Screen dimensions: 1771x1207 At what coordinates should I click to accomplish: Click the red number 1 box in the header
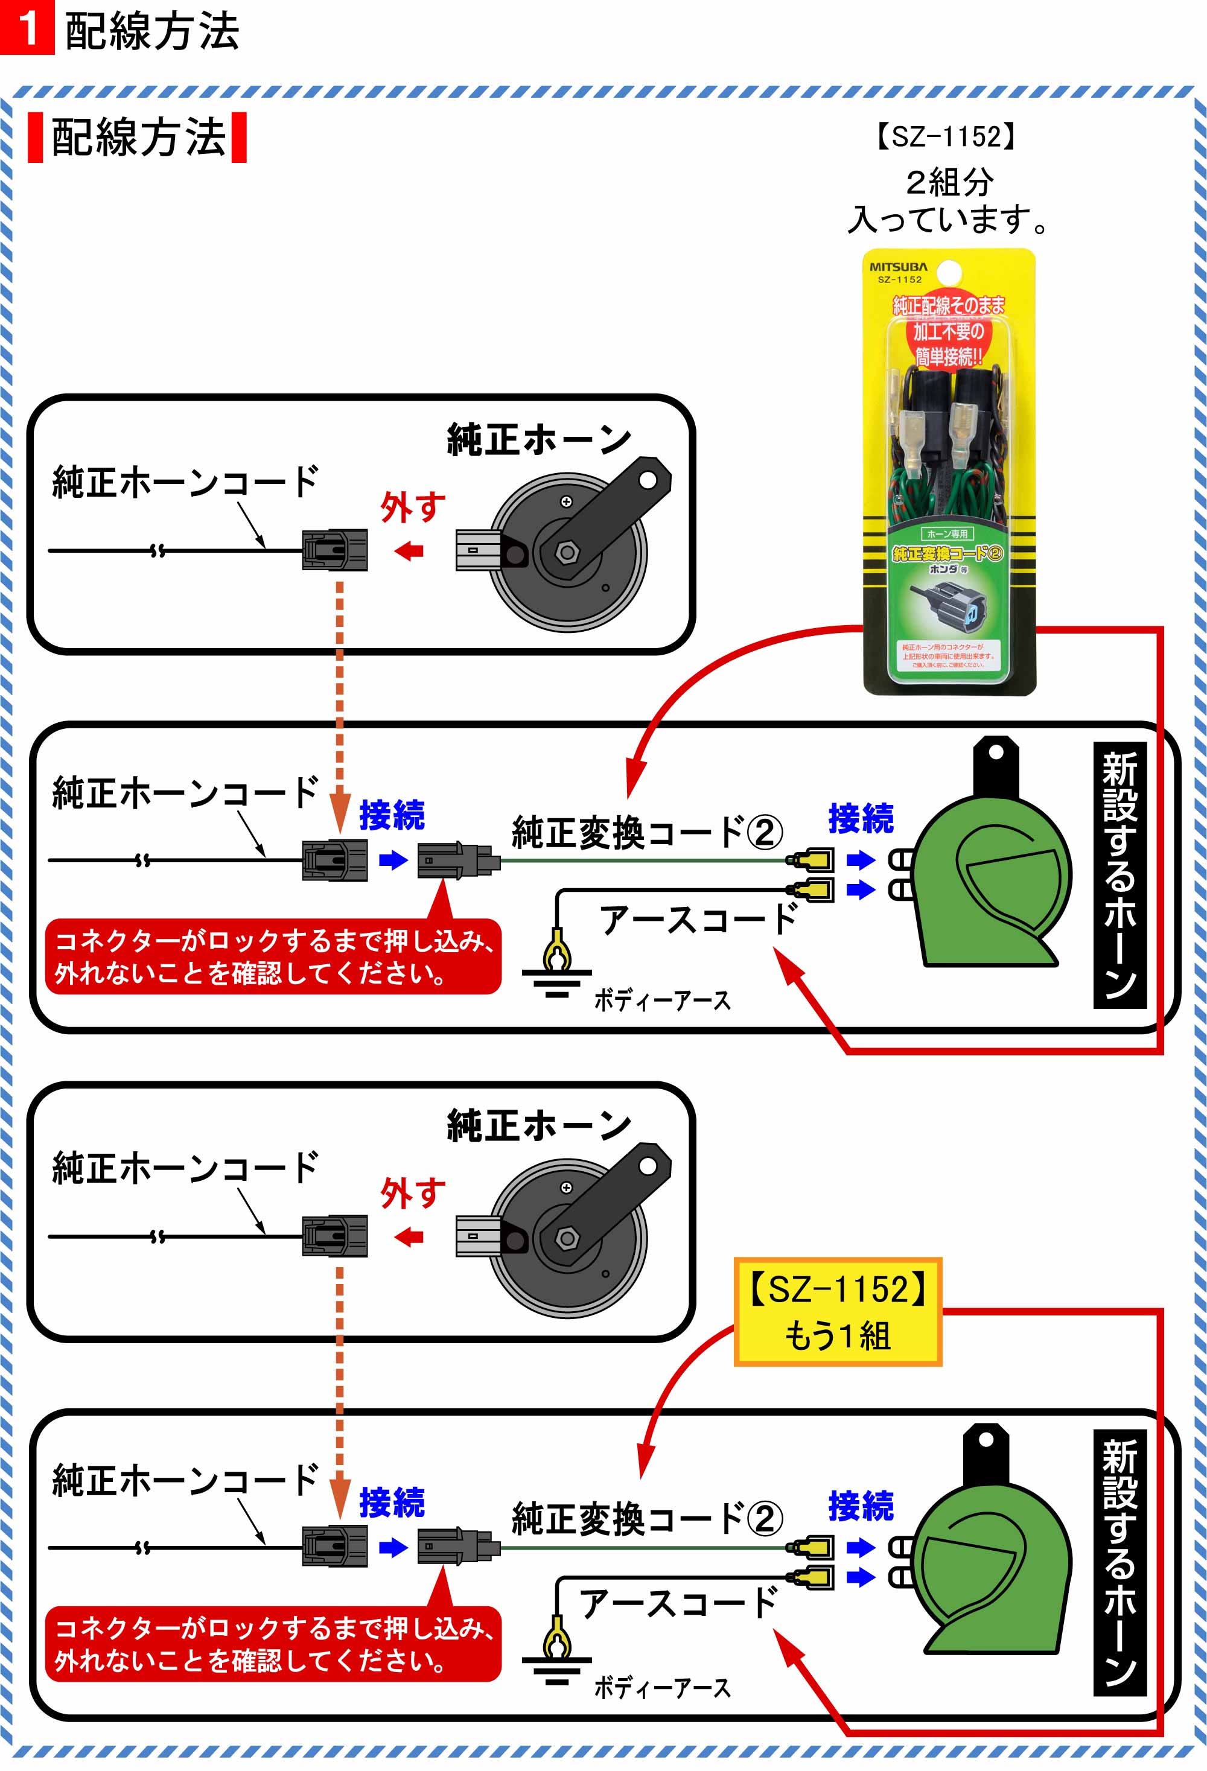click(x=27, y=27)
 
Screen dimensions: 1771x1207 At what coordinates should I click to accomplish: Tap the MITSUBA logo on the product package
click(x=899, y=267)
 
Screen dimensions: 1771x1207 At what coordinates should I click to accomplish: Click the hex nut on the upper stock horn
click(x=565, y=552)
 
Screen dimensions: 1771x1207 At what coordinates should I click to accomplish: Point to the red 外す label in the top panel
click(x=412, y=507)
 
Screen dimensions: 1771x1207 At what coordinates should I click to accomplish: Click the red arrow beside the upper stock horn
click(x=409, y=550)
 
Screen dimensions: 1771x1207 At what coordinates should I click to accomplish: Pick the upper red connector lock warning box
click(x=273, y=956)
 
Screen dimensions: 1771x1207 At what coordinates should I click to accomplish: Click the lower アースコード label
click(x=678, y=1603)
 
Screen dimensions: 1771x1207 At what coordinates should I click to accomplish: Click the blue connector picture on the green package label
click(x=949, y=603)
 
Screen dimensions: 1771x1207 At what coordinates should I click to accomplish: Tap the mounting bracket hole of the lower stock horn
click(x=648, y=1166)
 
